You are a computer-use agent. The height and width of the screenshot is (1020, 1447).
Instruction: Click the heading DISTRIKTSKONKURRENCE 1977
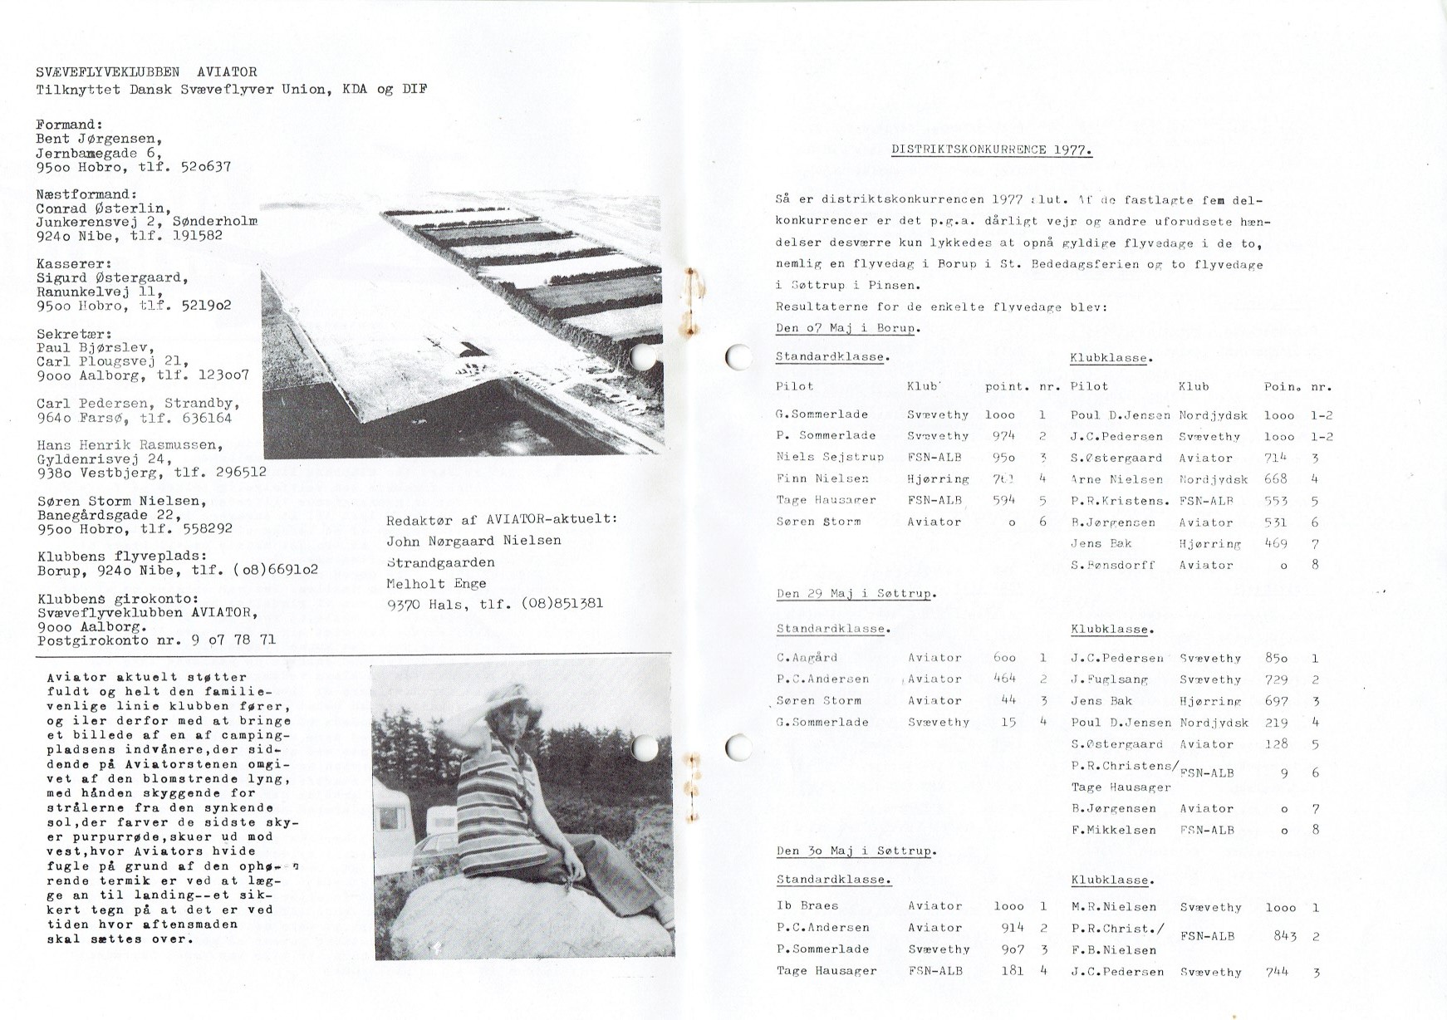click(992, 150)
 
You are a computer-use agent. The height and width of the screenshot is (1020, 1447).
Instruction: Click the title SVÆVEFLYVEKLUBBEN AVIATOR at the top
click(146, 72)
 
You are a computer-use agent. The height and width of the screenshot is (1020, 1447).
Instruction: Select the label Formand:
click(69, 125)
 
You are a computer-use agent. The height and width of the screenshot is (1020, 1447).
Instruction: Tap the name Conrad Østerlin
click(103, 208)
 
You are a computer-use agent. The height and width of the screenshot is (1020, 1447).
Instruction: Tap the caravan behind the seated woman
click(393, 807)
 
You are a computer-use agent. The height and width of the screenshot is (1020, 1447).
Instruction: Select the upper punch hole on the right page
click(738, 356)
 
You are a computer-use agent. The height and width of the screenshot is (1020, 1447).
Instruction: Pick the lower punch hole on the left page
click(645, 748)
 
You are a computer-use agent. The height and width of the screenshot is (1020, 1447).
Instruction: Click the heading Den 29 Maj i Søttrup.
click(856, 594)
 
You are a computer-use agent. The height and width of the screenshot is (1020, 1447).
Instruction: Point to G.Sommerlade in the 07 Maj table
click(822, 414)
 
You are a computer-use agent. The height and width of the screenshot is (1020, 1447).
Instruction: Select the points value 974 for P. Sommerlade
click(1003, 436)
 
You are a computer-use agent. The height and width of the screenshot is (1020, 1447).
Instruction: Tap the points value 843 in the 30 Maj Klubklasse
click(1285, 936)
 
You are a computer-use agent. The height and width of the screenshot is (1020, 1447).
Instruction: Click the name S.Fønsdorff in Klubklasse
click(1111, 566)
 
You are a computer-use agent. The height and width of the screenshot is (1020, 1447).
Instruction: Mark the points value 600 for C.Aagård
click(1004, 658)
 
